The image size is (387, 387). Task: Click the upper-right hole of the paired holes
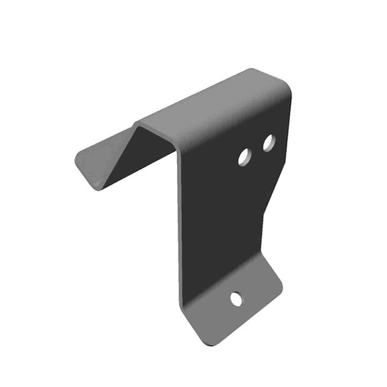click(269, 143)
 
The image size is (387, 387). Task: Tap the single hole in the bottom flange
click(236, 299)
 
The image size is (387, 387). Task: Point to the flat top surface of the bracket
click(216, 108)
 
